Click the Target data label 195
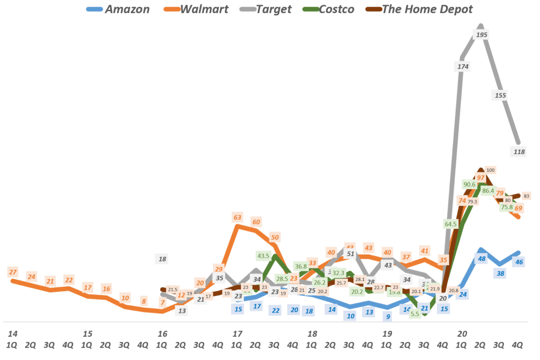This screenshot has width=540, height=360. pos(481,35)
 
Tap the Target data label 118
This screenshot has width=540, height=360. pos(519,152)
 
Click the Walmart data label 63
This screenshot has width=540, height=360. pos(237,217)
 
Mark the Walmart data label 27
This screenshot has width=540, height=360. pos(13,272)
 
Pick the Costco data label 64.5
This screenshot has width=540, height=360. pos(451,223)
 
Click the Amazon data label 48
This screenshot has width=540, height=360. pos(481,259)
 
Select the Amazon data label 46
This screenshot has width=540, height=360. pos(519,262)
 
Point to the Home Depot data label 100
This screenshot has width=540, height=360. pos(490,170)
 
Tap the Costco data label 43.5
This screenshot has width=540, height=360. pos(263,256)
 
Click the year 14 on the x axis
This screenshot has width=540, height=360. pos(13,334)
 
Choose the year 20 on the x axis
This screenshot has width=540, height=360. pos(462,334)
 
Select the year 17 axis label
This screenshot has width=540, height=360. pos(237,334)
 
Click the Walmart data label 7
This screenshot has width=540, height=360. pos(162,303)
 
